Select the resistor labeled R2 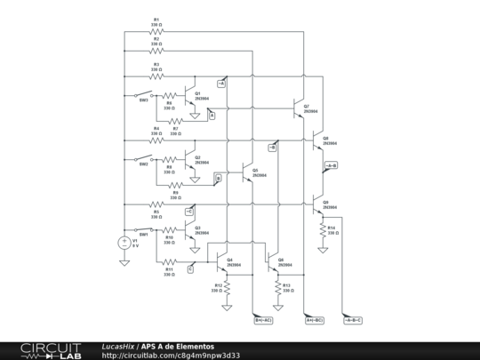[x=156, y=52]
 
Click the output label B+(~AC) [x=263, y=319]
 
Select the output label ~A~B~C [x=353, y=319]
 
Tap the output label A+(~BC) [x=314, y=319]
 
